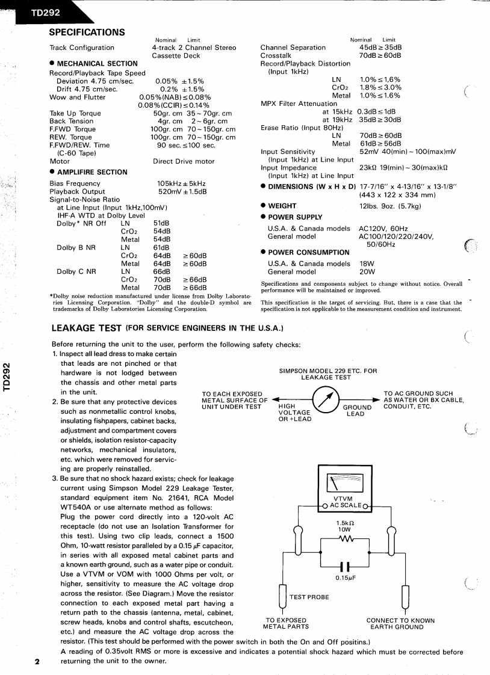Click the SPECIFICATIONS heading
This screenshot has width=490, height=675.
click(x=87, y=32)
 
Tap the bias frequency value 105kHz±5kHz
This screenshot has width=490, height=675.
click(x=181, y=183)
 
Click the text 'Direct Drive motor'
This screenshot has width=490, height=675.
click(x=184, y=161)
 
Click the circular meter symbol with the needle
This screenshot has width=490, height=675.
click(x=328, y=400)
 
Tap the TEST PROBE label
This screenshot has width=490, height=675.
click(x=309, y=597)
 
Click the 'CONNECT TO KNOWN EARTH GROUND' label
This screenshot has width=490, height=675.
click(x=400, y=624)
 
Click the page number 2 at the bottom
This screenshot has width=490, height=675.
click(x=37, y=662)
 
